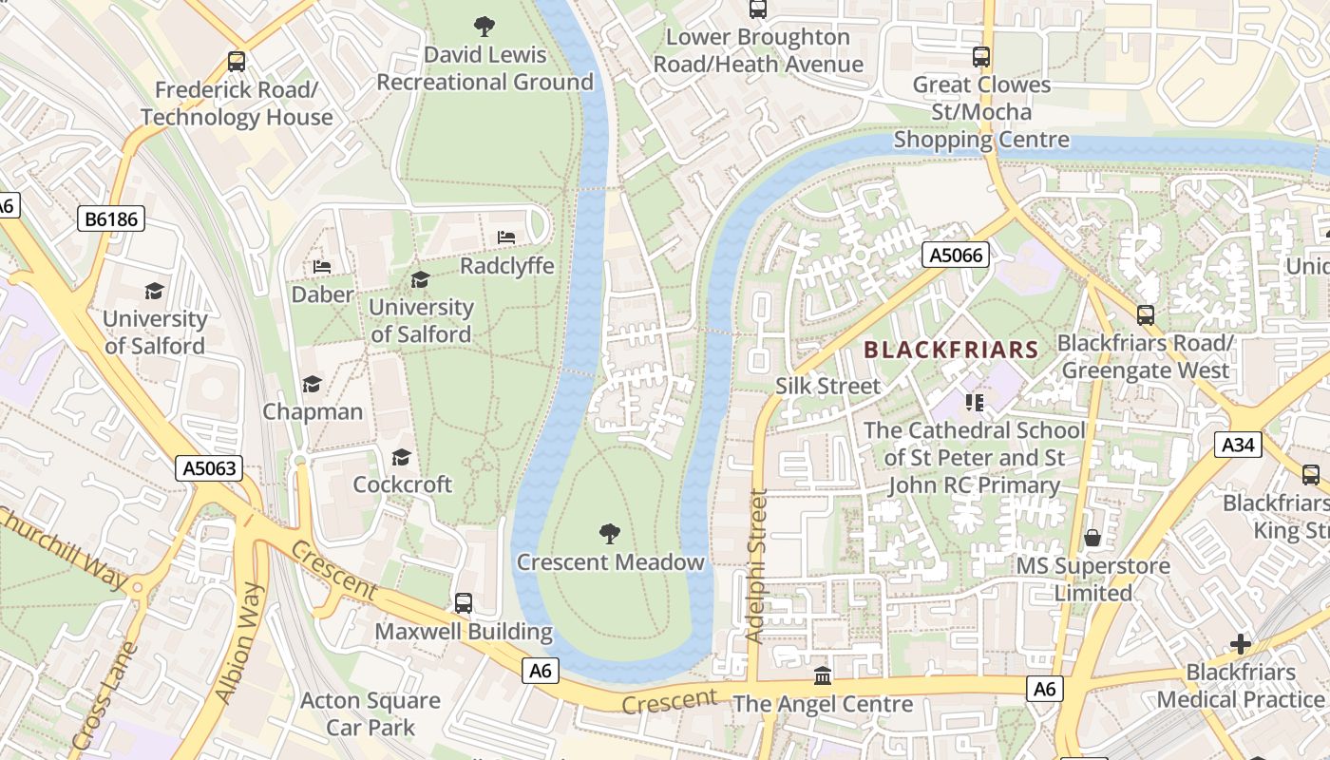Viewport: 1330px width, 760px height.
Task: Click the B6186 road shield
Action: (111, 219)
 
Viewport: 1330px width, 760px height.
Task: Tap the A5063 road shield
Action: (209, 467)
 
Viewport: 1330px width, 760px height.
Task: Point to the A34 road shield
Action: (1238, 444)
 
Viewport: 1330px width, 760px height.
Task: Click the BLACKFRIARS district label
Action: (951, 350)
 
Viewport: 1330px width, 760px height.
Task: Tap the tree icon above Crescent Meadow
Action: (610, 533)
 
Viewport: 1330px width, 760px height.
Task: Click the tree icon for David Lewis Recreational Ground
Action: (484, 26)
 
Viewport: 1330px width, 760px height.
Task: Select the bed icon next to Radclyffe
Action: (506, 237)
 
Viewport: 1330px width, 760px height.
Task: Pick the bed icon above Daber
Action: (322, 266)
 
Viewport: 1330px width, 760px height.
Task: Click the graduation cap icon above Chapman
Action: (312, 384)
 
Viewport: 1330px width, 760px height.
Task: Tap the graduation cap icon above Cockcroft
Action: (402, 457)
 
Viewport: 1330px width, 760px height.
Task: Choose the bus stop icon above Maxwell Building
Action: (464, 602)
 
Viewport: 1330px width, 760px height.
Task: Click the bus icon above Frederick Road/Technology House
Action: (237, 62)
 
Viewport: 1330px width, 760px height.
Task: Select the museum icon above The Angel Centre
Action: (823, 675)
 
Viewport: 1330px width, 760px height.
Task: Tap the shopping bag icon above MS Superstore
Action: (1092, 538)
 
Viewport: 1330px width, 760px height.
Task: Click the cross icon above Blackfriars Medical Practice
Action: (1240, 644)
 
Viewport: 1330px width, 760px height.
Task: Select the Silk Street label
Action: (828, 386)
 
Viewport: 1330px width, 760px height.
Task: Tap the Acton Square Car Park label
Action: (370, 714)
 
